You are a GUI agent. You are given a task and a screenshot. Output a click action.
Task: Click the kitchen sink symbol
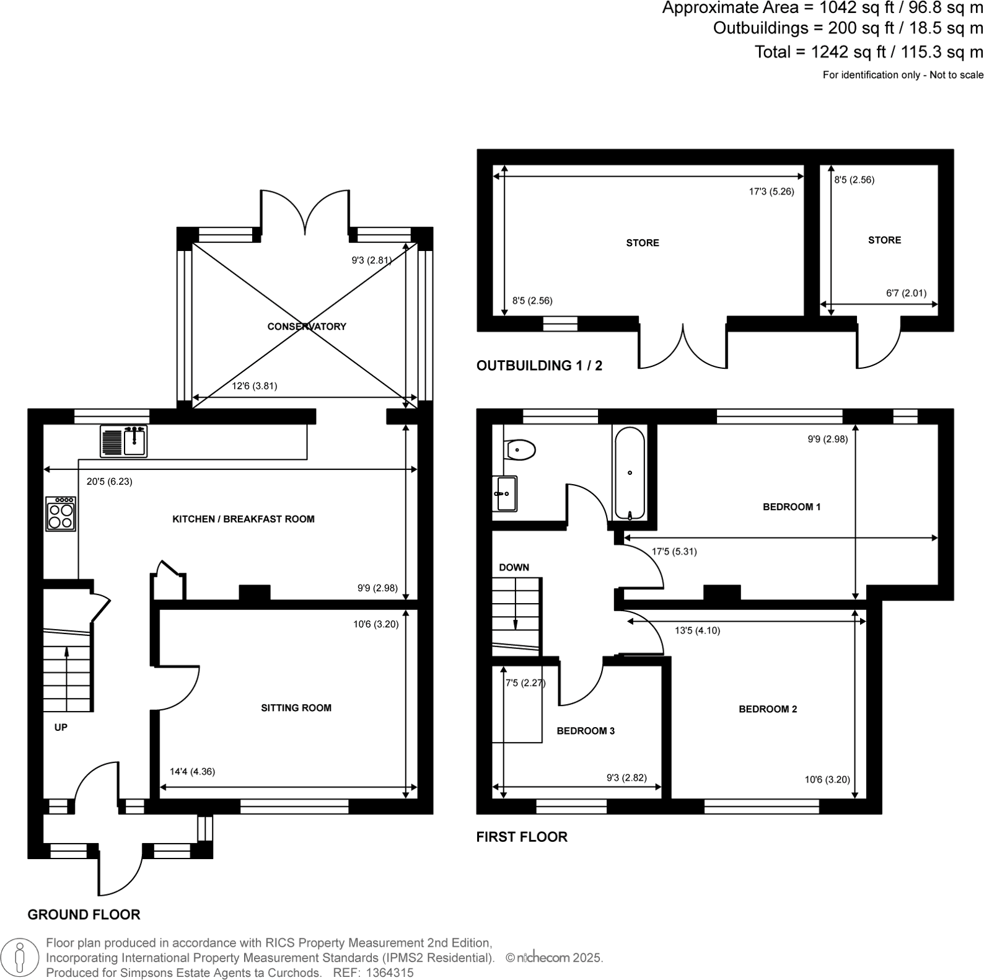pos(124,441)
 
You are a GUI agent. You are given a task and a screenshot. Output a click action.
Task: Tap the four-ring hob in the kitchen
pos(61,514)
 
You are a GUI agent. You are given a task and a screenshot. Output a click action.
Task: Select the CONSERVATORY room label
pos(307,327)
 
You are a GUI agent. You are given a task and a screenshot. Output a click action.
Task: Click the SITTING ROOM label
pos(296,708)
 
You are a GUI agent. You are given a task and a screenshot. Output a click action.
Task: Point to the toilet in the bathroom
pos(520,449)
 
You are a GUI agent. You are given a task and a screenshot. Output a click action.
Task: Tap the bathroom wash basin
pos(505,494)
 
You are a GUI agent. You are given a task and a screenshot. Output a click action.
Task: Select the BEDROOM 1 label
pos(791,507)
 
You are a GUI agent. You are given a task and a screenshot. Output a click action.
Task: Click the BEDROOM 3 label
pos(586,731)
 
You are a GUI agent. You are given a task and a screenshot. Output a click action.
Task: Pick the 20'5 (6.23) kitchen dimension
pos(109,481)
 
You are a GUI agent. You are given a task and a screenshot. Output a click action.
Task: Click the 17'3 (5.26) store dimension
pos(771,192)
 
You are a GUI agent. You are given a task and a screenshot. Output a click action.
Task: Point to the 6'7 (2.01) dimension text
pos(906,293)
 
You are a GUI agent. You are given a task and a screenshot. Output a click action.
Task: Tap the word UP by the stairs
pos(61,727)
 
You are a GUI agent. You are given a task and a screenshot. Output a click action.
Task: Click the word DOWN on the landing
pos(514,567)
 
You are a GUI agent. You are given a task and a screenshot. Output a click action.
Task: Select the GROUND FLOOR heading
pos(84,914)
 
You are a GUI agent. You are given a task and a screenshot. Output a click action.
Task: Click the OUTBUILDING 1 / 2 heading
pos(539,366)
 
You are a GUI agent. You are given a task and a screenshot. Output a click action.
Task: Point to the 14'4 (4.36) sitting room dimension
pos(192,772)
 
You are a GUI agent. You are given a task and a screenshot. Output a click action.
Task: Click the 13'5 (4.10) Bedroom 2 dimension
pos(697,630)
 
